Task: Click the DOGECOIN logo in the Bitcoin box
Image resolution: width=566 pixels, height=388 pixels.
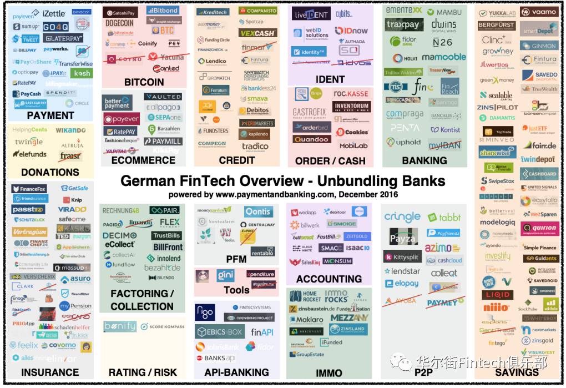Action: [x=119, y=23]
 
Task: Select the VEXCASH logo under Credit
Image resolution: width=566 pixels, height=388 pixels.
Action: [x=257, y=33]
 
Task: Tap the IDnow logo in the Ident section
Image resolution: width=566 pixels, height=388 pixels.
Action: [x=351, y=31]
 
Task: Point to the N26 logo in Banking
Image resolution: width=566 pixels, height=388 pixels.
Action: [x=442, y=42]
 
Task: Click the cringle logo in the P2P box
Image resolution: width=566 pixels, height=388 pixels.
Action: [x=402, y=217]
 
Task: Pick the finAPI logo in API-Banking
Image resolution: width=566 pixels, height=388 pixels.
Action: [x=261, y=332]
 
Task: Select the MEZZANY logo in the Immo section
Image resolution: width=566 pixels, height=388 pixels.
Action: [x=349, y=318]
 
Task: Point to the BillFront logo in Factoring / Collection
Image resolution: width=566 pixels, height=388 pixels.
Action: [x=168, y=247]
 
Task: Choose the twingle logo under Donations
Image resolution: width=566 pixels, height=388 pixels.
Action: [x=29, y=142]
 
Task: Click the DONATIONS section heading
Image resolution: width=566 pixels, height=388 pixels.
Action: [x=50, y=172]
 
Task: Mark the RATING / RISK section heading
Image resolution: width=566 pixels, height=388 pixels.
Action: [x=143, y=372]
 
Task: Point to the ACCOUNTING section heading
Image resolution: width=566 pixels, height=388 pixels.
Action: [x=329, y=279]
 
